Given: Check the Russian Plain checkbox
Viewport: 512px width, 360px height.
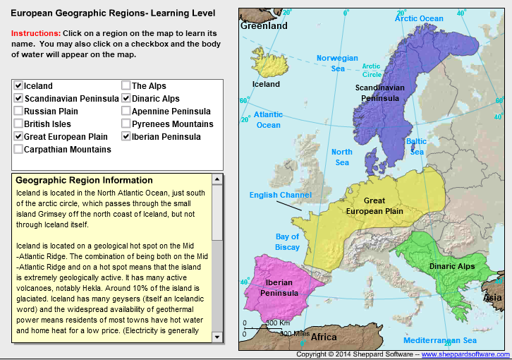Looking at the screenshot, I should (x=18, y=112).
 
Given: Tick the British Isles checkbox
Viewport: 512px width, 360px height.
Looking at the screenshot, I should (x=18, y=124).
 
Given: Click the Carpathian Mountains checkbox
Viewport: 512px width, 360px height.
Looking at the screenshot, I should (x=18, y=150).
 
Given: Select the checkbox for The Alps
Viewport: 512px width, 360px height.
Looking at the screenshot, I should (x=126, y=86).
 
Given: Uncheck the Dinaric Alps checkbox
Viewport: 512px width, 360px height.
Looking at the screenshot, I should (x=126, y=99).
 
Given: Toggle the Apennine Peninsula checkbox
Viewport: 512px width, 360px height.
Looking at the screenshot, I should (x=126, y=112).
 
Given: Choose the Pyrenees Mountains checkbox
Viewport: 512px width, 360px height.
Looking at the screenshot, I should (x=126, y=124).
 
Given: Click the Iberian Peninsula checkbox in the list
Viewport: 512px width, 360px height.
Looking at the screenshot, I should (x=126, y=137).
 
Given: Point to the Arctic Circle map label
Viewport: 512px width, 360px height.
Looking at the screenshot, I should (x=372, y=71).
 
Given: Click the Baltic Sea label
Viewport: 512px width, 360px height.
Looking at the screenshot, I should (x=417, y=146).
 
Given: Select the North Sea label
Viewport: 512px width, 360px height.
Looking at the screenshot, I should (x=342, y=157).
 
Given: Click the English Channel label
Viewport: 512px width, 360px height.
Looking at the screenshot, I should (x=280, y=195).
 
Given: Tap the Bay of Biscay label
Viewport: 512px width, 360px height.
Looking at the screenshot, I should (x=288, y=241).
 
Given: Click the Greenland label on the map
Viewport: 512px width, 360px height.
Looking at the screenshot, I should (x=264, y=26).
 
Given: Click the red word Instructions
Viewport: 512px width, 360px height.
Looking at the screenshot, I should (x=36, y=33).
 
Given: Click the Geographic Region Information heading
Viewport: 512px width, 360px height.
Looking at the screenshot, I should (x=84, y=180).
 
